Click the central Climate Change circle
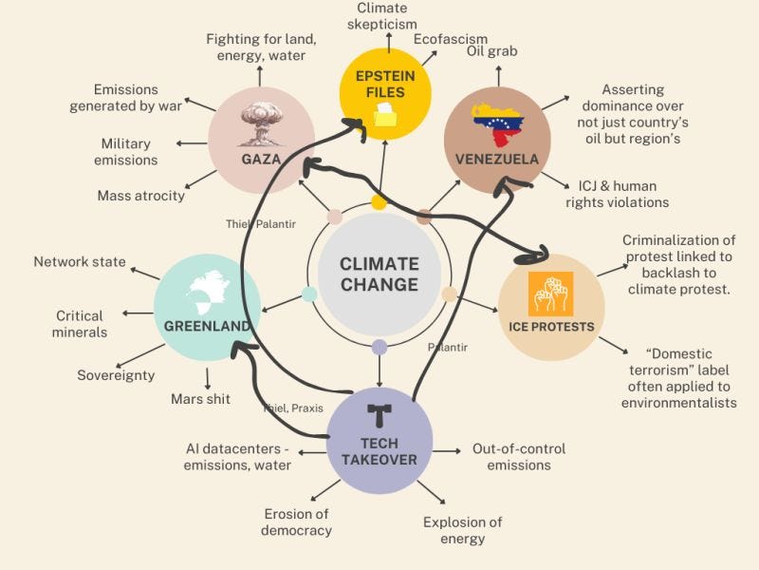(x=379, y=274)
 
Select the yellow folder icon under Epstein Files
(x=387, y=116)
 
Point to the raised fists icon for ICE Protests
(x=550, y=294)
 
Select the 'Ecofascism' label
(x=450, y=39)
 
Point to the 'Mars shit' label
(x=199, y=399)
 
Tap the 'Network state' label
(x=80, y=262)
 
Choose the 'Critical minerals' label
(x=81, y=324)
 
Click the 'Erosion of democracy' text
(x=298, y=522)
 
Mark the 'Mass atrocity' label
(x=140, y=196)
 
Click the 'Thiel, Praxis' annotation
(x=294, y=408)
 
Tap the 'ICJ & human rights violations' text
(x=618, y=194)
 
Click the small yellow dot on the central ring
(x=379, y=201)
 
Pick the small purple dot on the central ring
(x=379, y=347)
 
